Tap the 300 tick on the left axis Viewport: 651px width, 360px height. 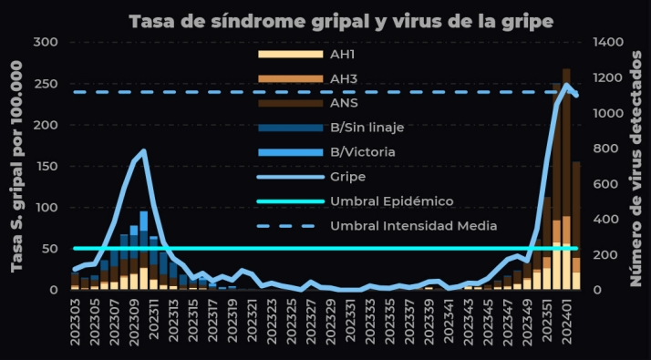tap(45, 42)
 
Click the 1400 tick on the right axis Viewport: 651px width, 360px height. tap(607, 42)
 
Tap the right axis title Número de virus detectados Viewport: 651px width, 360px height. tap(635, 164)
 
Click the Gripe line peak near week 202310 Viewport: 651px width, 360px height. tap(143, 151)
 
